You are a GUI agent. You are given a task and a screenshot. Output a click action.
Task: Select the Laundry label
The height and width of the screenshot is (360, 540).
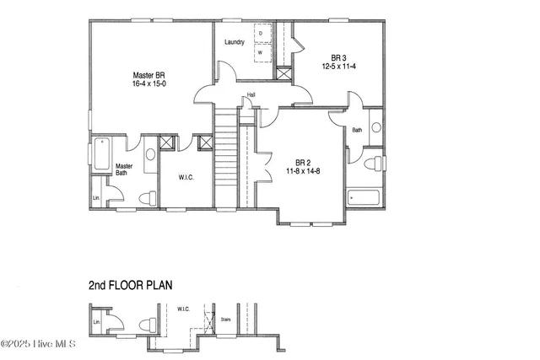(x=235, y=42)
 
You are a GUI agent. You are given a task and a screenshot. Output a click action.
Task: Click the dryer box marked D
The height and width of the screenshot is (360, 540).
(x=260, y=34)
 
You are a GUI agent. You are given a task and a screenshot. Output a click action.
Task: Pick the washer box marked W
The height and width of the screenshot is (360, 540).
(x=260, y=51)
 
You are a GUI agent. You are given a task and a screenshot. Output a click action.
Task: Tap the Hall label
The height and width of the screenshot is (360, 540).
(x=251, y=94)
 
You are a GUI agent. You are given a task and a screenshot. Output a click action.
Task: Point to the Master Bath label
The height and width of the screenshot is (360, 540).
(x=124, y=169)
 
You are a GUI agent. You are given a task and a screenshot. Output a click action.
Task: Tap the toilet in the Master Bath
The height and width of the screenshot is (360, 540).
(x=148, y=198)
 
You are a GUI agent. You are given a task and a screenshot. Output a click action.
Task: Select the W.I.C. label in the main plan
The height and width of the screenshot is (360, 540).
(x=186, y=178)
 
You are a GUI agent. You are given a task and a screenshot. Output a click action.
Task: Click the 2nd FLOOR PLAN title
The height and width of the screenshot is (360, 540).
(x=130, y=285)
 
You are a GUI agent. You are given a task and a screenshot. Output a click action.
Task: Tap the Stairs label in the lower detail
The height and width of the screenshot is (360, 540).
(x=224, y=320)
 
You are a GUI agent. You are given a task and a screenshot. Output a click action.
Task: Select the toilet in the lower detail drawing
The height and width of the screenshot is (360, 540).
(x=148, y=325)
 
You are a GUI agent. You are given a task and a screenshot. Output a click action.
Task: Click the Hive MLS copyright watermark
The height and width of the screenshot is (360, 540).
(x=39, y=344)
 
